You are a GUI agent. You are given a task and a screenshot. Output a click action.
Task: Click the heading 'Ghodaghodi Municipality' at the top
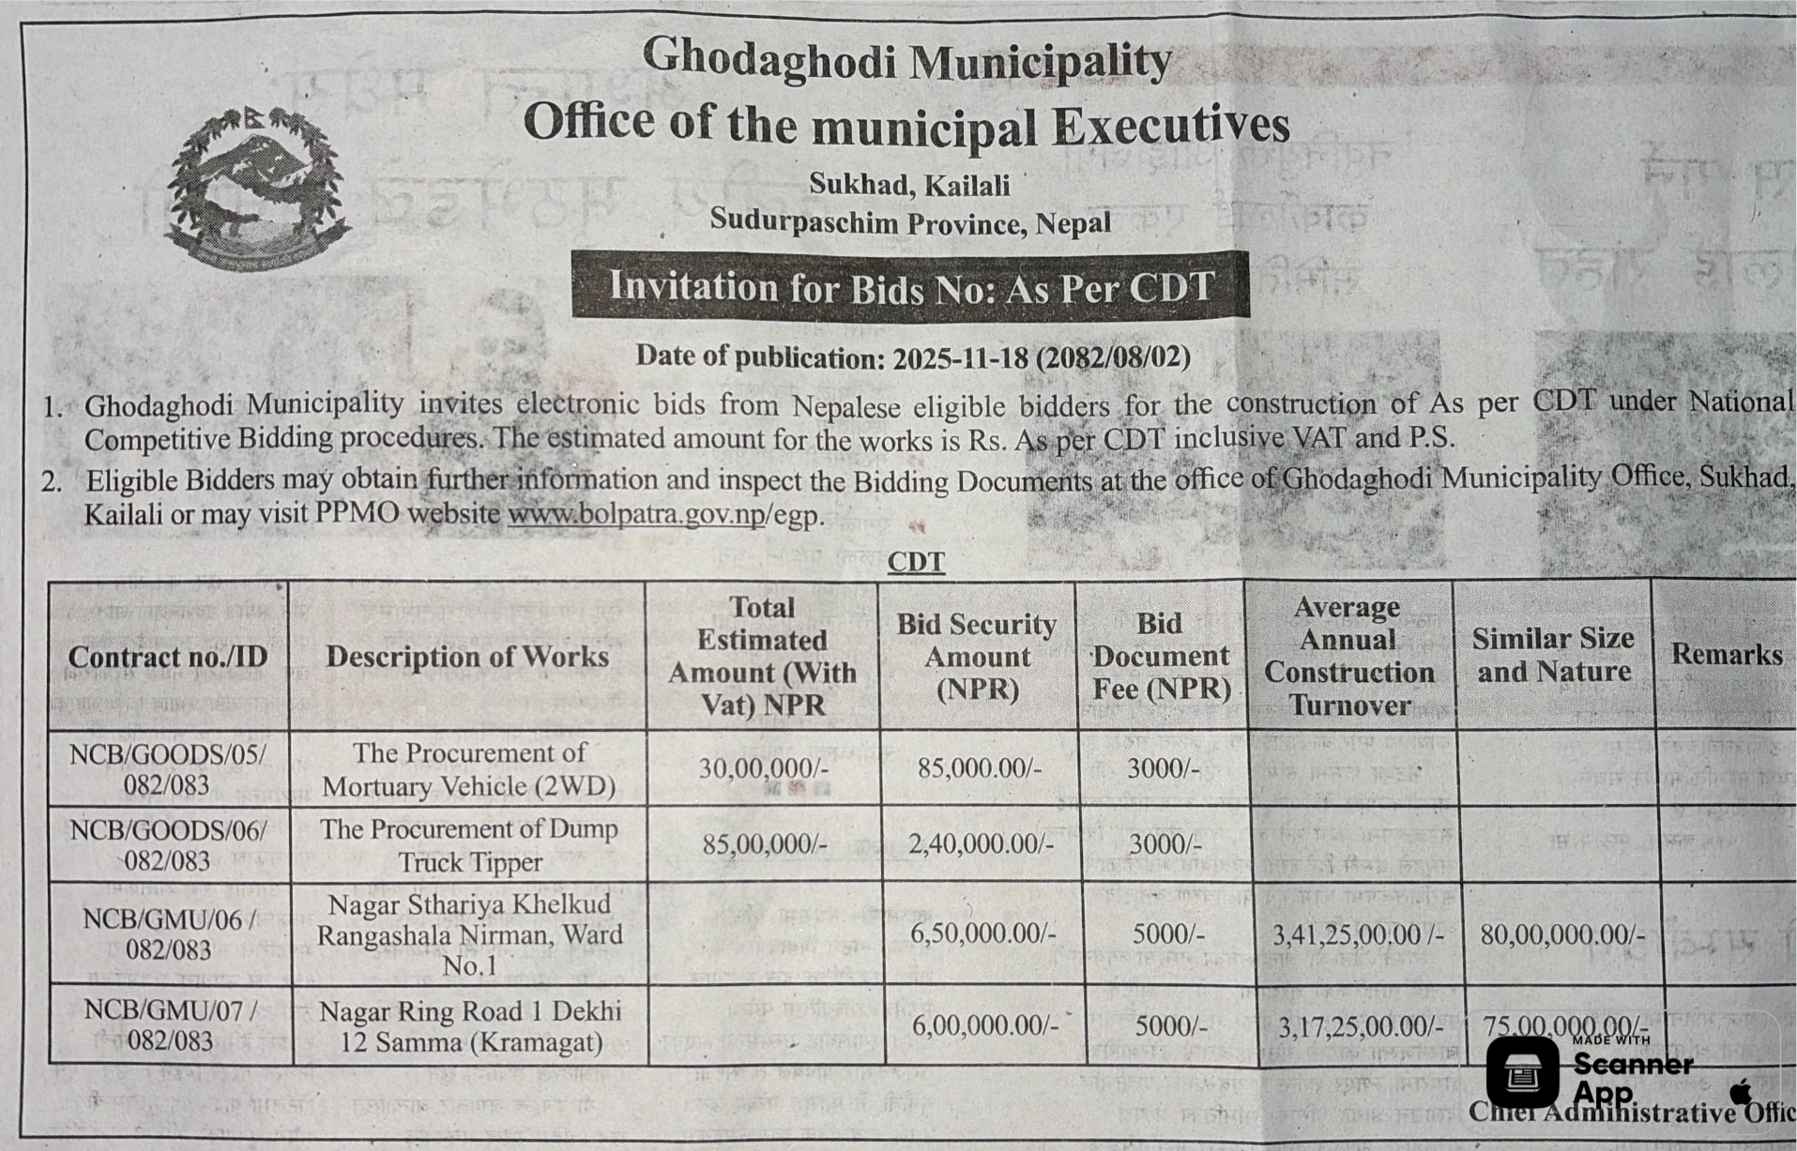(906, 61)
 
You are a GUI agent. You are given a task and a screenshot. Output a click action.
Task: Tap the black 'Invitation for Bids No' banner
(909, 286)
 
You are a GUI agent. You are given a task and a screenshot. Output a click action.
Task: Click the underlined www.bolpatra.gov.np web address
(637, 515)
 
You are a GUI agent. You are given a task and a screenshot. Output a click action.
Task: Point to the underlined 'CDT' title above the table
(916, 561)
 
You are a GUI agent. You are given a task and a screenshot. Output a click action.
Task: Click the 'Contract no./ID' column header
(168, 657)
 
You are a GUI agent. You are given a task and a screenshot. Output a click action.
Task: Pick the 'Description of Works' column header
(467, 656)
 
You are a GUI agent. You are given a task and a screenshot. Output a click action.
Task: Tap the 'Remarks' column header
(1726, 654)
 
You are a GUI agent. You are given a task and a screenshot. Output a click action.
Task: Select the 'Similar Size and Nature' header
(1553, 655)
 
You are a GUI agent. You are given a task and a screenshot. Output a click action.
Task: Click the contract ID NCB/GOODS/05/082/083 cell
(168, 769)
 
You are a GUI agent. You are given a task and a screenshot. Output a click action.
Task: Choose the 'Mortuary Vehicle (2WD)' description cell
(468, 769)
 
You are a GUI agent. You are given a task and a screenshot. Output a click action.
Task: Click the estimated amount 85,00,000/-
(764, 844)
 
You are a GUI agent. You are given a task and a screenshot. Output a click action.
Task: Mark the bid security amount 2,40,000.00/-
(981, 843)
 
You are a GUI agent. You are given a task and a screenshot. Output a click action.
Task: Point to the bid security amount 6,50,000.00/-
(982, 933)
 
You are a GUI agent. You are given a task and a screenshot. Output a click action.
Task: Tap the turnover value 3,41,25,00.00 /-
(1357, 934)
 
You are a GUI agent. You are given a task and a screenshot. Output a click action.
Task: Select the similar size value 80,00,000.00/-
(1562, 934)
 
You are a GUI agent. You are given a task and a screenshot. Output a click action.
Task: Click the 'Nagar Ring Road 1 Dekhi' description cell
(470, 1026)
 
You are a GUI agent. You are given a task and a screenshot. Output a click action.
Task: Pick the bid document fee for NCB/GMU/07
(1170, 1025)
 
